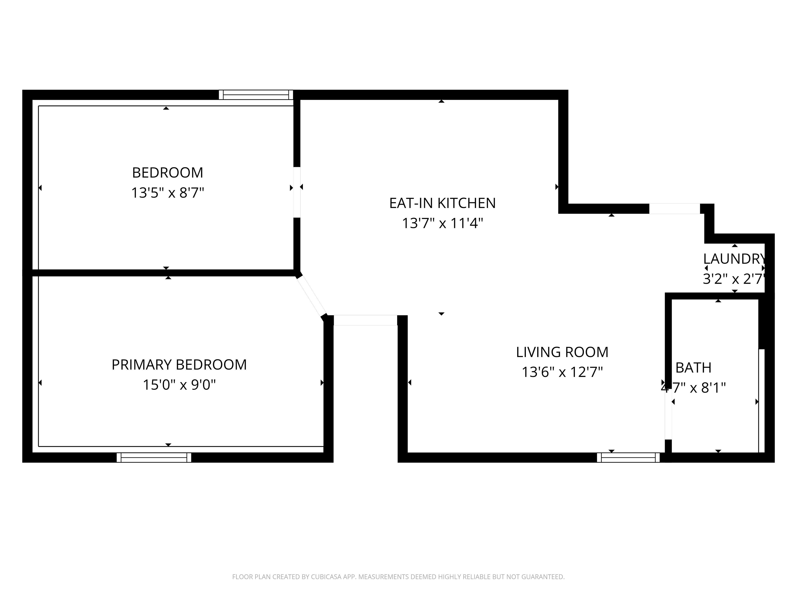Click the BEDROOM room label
(168, 173)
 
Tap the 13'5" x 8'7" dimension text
(168, 193)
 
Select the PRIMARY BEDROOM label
(179, 365)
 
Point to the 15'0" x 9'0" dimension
(179, 385)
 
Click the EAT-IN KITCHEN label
(442, 203)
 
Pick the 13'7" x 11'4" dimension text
(442, 223)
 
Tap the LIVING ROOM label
(562, 352)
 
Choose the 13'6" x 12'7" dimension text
(562, 372)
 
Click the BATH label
(693, 368)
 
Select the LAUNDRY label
(734, 259)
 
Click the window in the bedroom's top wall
(256, 95)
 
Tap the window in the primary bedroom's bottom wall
(154, 457)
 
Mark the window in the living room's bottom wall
(628, 457)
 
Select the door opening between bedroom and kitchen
(297, 192)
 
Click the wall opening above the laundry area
(675, 209)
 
